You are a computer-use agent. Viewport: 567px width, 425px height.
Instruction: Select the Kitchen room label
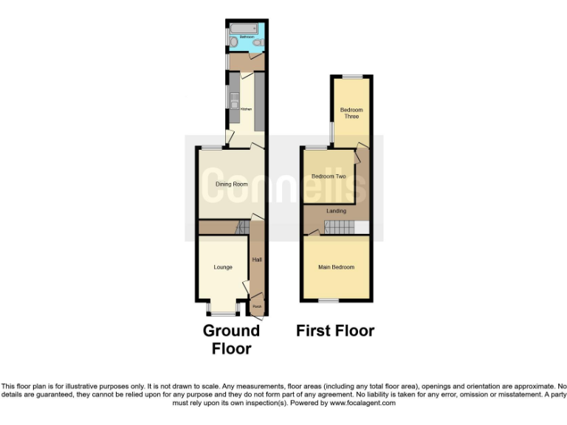click(x=246, y=109)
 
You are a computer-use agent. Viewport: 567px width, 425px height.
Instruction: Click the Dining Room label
click(x=231, y=184)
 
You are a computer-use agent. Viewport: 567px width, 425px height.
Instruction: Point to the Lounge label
click(x=223, y=267)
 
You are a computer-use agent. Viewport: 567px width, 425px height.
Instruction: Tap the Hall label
click(x=257, y=260)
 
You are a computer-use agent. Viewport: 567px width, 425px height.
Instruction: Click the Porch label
click(x=256, y=306)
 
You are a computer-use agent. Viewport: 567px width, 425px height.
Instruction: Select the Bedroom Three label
click(x=351, y=113)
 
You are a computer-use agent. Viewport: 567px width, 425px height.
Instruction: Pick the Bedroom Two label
click(x=329, y=176)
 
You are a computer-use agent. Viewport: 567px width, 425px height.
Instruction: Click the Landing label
click(x=337, y=211)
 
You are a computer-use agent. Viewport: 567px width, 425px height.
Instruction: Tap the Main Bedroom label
click(x=336, y=267)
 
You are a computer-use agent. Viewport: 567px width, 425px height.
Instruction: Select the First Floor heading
click(x=335, y=331)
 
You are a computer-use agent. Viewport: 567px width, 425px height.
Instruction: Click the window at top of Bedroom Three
click(x=351, y=76)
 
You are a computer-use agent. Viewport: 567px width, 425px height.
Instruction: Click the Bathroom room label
click(x=246, y=36)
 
